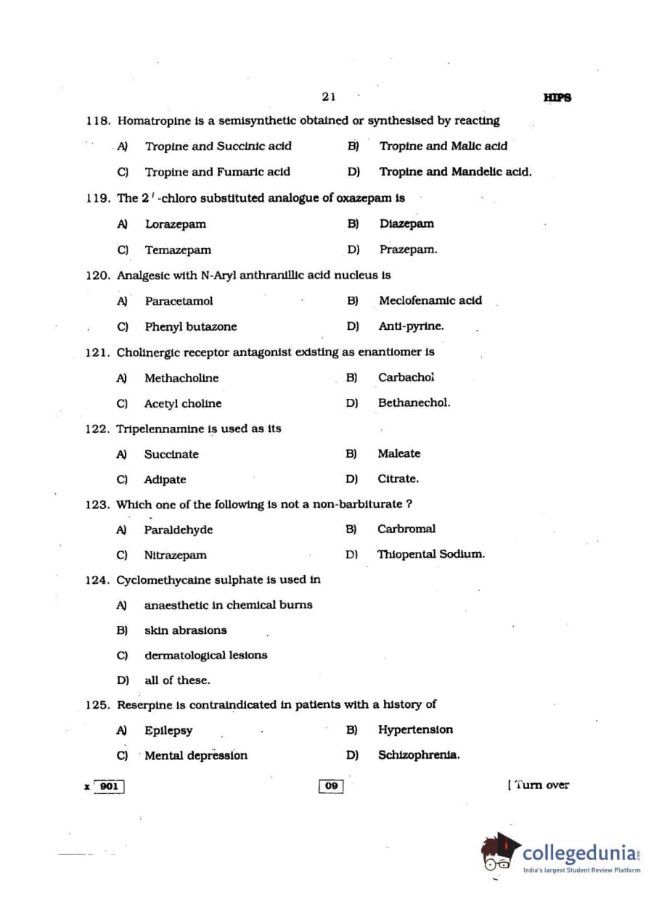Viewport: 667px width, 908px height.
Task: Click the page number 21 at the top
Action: pyautogui.click(x=328, y=96)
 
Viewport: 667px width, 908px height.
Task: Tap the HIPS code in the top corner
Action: pyautogui.click(x=557, y=98)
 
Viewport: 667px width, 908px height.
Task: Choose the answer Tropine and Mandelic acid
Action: pyautogui.click(x=455, y=172)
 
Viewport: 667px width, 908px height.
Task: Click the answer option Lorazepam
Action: pyautogui.click(x=175, y=224)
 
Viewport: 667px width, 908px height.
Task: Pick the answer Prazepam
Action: pyautogui.click(x=408, y=249)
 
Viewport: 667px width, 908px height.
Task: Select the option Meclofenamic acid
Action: pyautogui.click(x=430, y=300)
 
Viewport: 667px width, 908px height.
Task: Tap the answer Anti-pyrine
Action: pyautogui.click(x=411, y=326)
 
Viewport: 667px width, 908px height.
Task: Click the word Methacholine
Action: pyautogui.click(x=181, y=378)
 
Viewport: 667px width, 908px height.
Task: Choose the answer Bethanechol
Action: pyautogui.click(x=414, y=403)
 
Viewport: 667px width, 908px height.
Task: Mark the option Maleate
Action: pyautogui.click(x=398, y=453)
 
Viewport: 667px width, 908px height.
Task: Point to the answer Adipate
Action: pyautogui.click(x=165, y=479)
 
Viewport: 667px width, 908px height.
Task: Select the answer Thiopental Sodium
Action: pyautogui.click(x=430, y=554)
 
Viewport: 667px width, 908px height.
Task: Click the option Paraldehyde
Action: pyautogui.click(x=179, y=529)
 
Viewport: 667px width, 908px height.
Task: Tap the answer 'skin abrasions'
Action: pyautogui.click(x=185, y=630)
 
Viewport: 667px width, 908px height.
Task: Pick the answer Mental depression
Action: pyautogui.click(x=196, y=756)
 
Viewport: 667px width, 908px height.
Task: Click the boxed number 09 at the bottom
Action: pyautogui.click(x=331, y=786)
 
